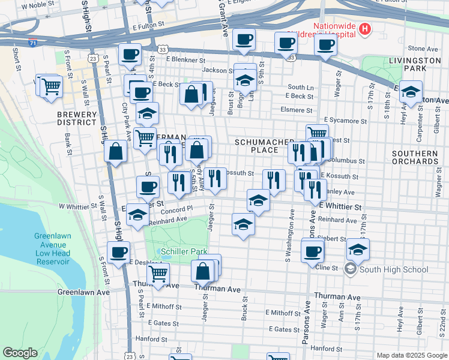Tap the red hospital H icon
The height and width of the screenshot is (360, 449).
click(x=364, y=29)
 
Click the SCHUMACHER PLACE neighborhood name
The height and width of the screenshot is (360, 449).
click(x=256, y=145)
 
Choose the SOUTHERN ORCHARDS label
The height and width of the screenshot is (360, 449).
click(x=415, y=157)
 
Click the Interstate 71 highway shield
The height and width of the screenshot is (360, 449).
click(x=32, y=44)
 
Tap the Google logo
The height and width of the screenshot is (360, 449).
click(x=20, y=353)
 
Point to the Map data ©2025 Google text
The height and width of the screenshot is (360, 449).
click(x=411, y=355)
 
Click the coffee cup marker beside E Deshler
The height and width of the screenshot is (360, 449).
click(x=118, y=252)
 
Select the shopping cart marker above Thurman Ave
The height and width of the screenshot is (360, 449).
click(x=158, y=274)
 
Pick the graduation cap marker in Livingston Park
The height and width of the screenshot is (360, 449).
click(x=411, y=92)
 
